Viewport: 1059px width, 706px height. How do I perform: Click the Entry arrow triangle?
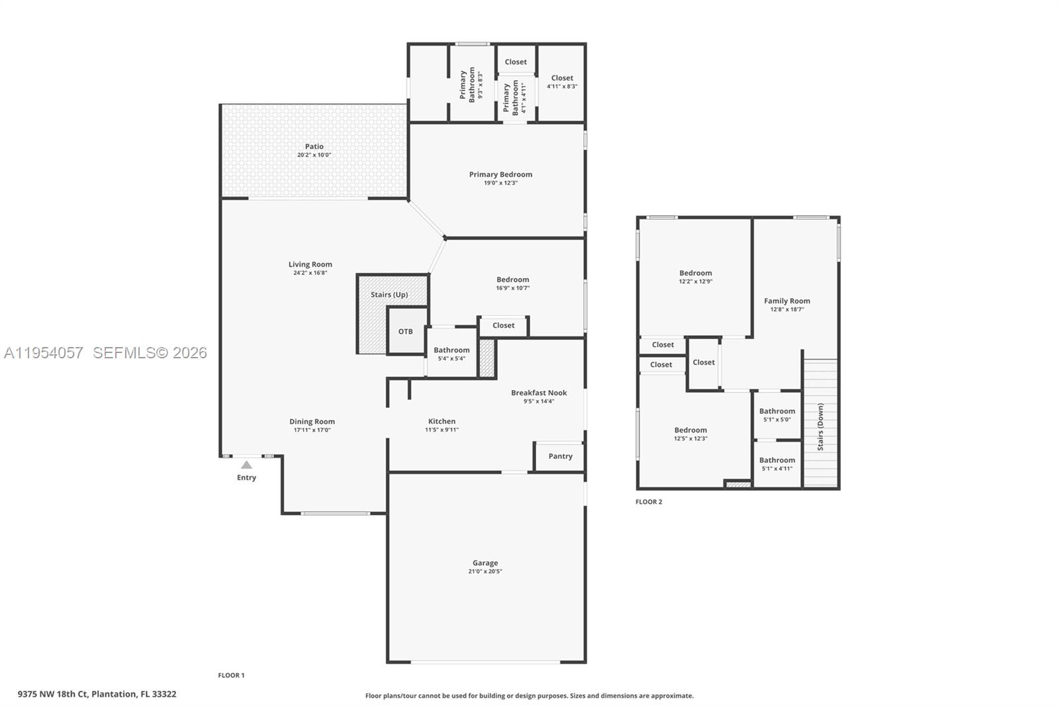coord(246,465)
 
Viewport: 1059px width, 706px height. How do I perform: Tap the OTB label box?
coord(406,331)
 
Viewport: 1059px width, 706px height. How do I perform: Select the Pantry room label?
coord(560,456)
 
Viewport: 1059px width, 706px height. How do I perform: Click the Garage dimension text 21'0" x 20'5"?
coord(485,572)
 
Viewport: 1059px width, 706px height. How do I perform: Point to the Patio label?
coord(314,146)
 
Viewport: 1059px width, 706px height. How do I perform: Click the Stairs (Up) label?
coord(389,295)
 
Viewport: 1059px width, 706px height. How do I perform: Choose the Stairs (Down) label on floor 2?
coord(821,427)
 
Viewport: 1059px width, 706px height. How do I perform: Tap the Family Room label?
coord(787,301)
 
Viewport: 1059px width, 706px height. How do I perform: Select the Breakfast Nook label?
coord(539,393)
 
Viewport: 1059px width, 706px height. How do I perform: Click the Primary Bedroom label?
coord(500,174)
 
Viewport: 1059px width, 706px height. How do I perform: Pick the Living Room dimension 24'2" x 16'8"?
coord(310,273)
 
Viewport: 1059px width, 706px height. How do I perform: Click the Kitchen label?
coord(441,421)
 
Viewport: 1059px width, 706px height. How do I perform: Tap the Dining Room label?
coord(312,421)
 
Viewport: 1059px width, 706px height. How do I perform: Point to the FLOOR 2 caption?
coord(649,502)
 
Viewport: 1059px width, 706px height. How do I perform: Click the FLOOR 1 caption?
coord(231,676)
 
